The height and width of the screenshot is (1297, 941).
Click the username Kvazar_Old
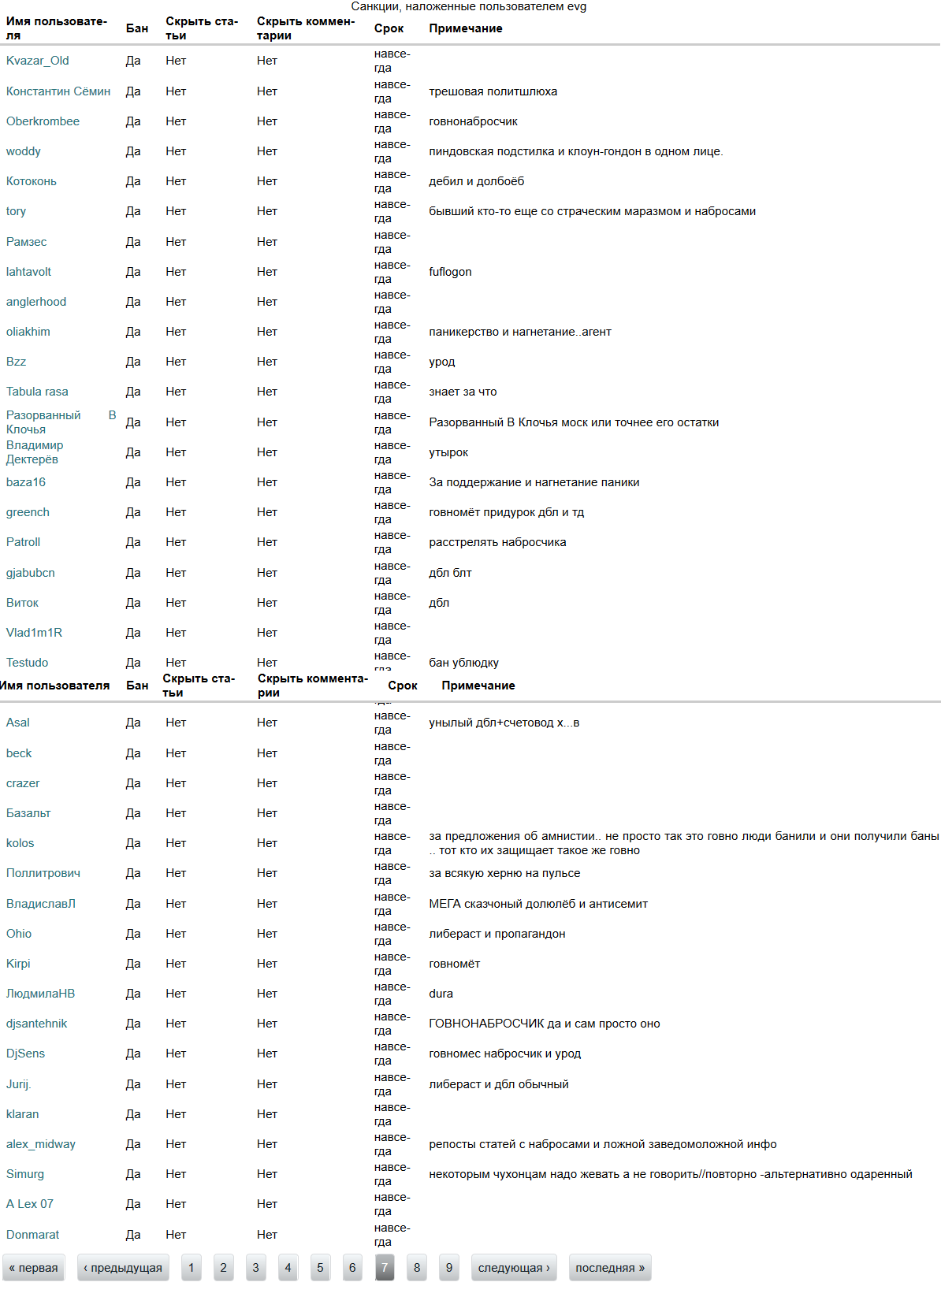coord(37,61)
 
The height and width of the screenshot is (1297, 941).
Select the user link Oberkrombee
coord(43,121)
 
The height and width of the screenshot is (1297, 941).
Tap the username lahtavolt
coord(28,272)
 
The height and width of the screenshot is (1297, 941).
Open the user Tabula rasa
coord(37,392)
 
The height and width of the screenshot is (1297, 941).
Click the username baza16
coord(26,482)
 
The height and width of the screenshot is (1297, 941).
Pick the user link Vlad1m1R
coord(34,633)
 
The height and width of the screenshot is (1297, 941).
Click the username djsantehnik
coord(36,1024)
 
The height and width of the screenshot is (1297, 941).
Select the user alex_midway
coord(41,1144)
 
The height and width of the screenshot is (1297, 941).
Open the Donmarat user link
coord(32,1235)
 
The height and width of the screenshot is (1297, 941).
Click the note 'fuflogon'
coord(450,272)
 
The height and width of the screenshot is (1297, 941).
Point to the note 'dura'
coord(441,994)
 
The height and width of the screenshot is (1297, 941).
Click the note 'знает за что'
coord(463,392)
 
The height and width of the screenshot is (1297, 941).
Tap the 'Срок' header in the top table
coord(389,28)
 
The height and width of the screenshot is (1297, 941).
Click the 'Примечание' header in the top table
coord(465,28)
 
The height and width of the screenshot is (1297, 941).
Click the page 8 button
coord(417,1268)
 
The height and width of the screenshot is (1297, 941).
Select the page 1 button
coord(191,1268)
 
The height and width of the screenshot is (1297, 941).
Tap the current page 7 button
coord(385,1268)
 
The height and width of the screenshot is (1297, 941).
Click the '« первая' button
coord(34,1268)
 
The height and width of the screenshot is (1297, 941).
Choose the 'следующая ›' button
coord(514,1268)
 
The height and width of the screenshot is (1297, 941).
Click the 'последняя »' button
coord(610,1268)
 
